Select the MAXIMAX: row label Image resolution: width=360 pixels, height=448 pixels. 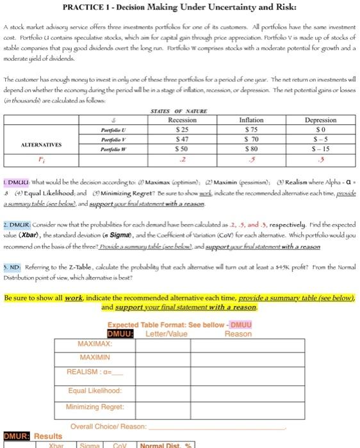click(94, 345)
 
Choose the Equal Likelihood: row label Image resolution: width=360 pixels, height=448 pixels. click(95, 390)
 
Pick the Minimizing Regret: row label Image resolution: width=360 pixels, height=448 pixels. click(95, 405)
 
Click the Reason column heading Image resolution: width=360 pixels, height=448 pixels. click(238, 333)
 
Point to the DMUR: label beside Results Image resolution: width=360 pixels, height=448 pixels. click(16, 436)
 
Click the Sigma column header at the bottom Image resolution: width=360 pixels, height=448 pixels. click(92, 444)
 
